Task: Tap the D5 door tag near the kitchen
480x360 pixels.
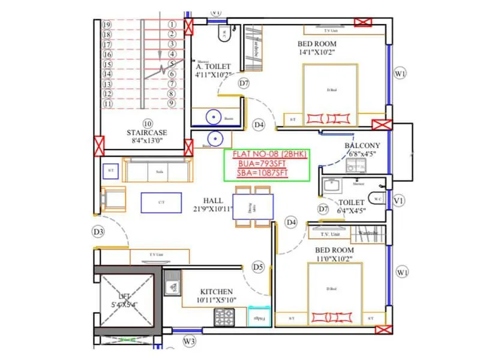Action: tap(258, 266)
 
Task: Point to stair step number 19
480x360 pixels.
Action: tap(107, 25)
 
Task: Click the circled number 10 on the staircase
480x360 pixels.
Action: tap(147, 123)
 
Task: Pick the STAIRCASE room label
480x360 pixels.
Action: tap(146, 133)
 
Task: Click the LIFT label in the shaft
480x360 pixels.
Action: tap(124, 296)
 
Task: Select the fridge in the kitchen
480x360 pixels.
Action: tap(258, 317)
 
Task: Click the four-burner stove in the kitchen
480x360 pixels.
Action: tap(226, 316)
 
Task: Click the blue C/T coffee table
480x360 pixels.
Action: tap(161, 202)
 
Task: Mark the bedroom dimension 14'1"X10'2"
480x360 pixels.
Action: tap(317, 53)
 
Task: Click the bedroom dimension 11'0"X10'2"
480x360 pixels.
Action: tap(334, 259)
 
